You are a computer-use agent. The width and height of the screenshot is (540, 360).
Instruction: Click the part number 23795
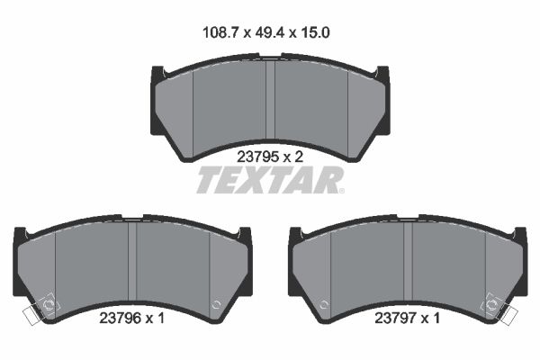(x=255, y=155)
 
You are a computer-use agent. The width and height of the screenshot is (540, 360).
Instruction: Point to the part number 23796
(x=117, y=317)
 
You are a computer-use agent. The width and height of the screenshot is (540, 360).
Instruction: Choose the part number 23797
(x=397, y=317)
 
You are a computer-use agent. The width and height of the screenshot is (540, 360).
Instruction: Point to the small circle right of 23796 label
(x=215, y=304)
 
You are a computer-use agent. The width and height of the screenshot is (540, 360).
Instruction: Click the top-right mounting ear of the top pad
(x=382, y=75)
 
